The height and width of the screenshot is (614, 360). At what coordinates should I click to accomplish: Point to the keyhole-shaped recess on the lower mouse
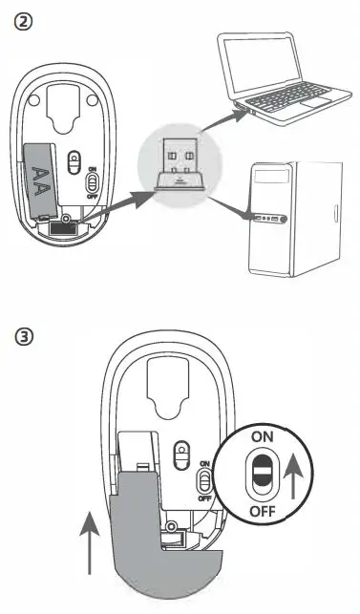[x=172, y=386]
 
